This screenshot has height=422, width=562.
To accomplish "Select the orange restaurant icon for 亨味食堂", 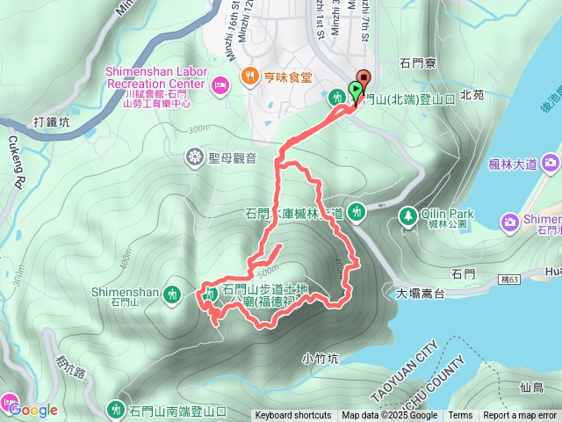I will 250,76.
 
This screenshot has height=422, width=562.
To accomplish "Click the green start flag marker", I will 354,89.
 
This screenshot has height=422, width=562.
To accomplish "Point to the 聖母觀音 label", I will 232,158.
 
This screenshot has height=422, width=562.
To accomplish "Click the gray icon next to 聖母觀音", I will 195,157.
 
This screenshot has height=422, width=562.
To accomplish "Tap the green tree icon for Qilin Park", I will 407,215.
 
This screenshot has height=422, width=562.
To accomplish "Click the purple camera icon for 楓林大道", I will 551,162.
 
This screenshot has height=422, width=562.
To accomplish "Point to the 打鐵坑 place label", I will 51,122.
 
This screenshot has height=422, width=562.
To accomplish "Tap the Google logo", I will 33,411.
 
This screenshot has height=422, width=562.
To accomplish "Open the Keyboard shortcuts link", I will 293,416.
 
